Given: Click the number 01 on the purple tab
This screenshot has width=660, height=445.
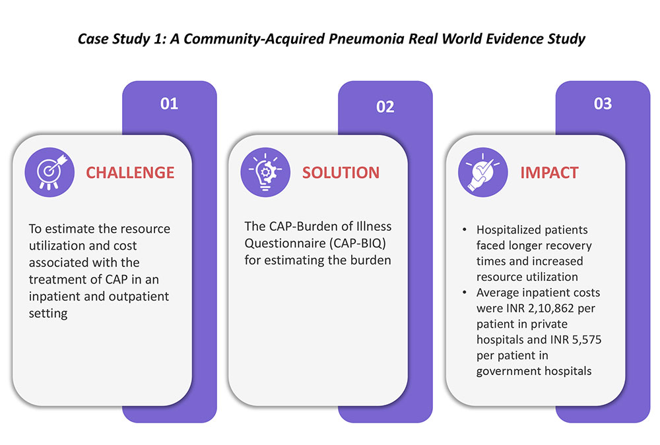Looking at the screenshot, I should [170, 104].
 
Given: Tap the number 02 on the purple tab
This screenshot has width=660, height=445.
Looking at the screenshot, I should [385, 107].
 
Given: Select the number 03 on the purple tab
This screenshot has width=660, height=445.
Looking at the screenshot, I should [603, 104].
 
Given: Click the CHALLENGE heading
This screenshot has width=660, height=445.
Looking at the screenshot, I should [131, 173].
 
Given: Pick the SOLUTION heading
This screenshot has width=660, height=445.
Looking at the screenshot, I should [341, 173].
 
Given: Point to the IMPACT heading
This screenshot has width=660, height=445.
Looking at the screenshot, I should [549, 173].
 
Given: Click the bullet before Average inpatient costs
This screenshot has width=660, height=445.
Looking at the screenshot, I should [465, 292].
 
